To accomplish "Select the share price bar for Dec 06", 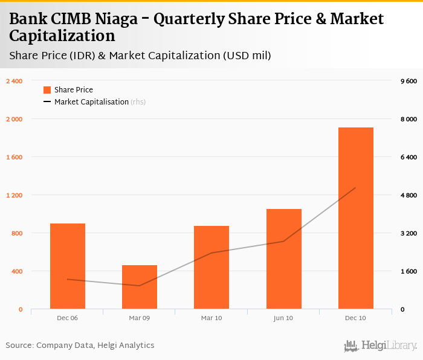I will (68, 266).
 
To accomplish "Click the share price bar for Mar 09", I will (140, 287).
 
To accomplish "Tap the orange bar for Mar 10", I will (211, 267).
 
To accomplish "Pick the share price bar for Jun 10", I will (283, 259).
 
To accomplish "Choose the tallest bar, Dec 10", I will (355, 217).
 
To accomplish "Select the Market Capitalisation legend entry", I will (91, 102).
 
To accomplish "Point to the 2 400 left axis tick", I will (14, 81).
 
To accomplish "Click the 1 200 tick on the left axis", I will (14, 195).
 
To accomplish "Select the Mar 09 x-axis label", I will (139, 318).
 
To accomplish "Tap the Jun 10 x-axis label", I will (283, 318).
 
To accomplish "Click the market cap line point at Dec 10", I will (355, 188).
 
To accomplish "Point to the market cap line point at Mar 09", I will (140, 286).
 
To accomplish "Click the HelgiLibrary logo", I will (381, 346).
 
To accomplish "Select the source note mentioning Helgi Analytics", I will (80, 346).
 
